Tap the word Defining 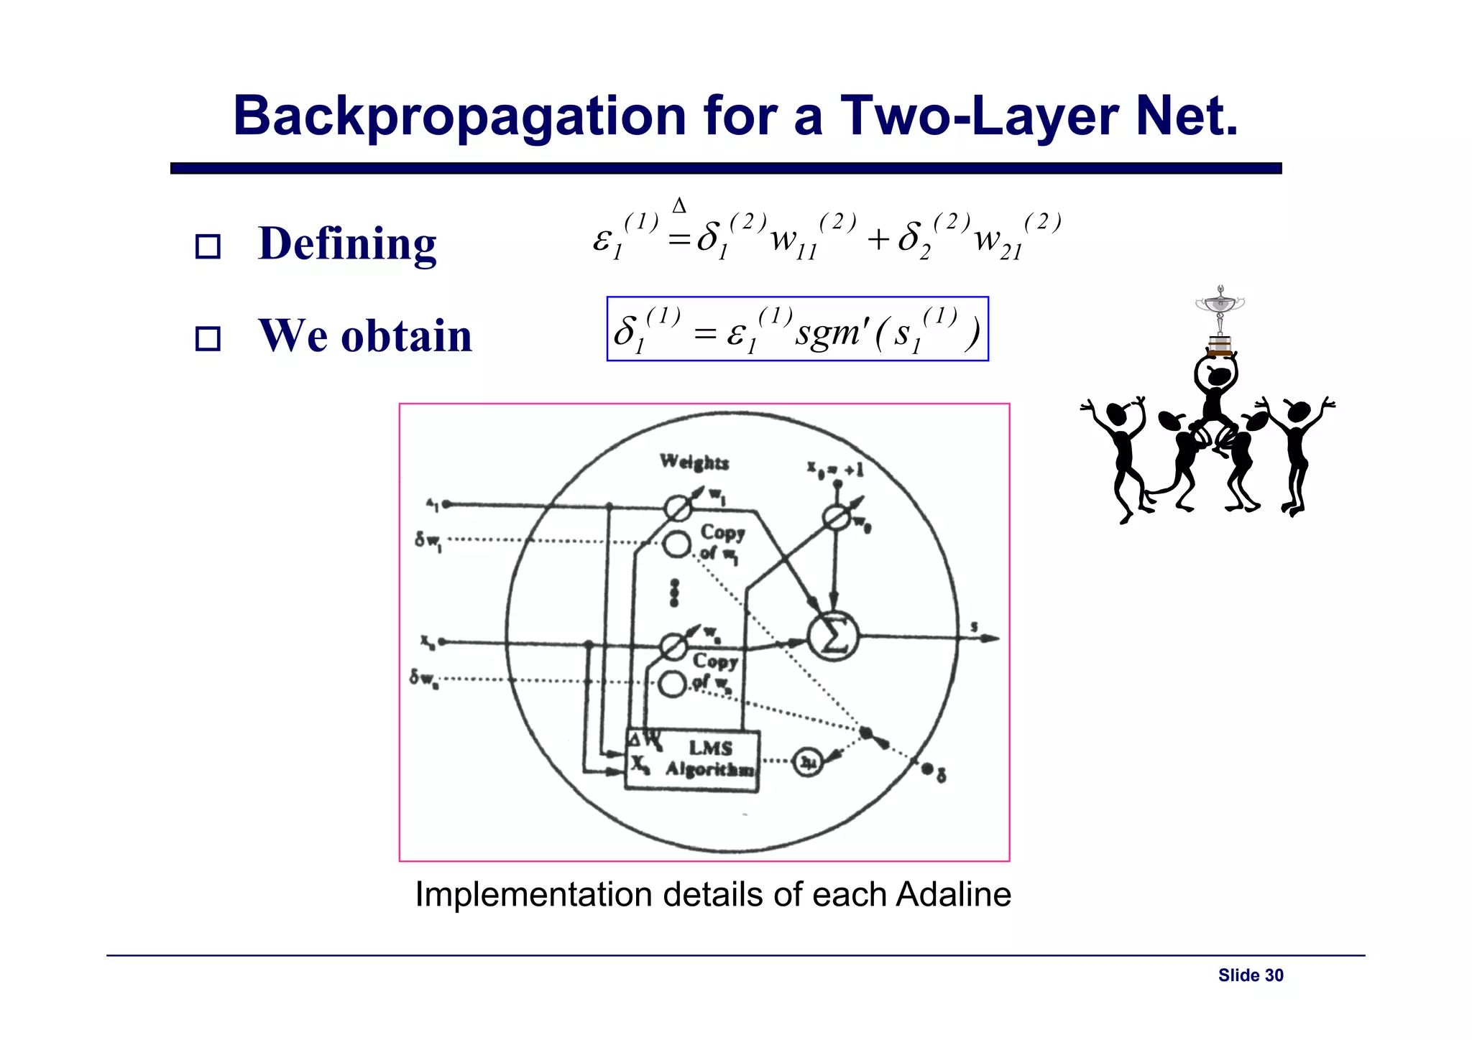click(x=347, y=243)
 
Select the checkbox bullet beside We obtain click(x=208, y=338)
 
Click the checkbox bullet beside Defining click(x=208, y=246)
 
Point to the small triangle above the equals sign click(x=678, y=207)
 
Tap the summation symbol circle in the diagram click(x=832, y=636)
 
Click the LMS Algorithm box click(x=692, y=761)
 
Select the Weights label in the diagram click(x=694, y=462)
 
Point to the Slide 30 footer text click(x=1251, y=975)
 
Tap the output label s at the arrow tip click(x=975, y=627)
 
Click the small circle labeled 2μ click(x=809, y=761)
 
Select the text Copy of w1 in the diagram click(x=721, y=542)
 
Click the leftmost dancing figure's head click(x=1116, y=414)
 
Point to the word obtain click(x=406, y=335)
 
